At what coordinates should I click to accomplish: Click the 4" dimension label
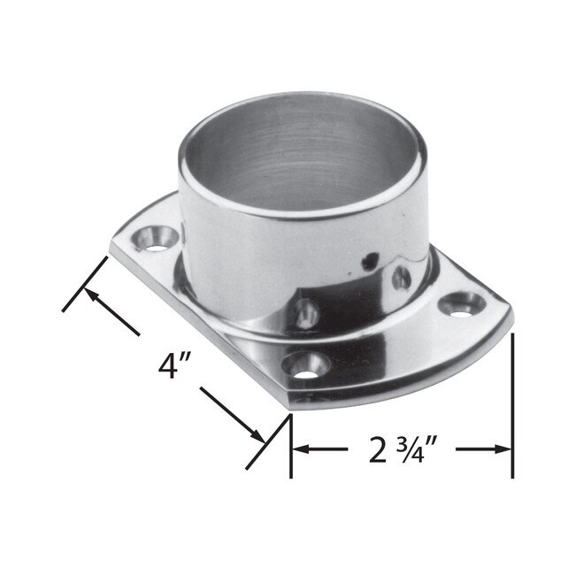coord(172,365)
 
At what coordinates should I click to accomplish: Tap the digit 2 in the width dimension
coord(379,450)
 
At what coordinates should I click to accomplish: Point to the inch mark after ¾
coord(443,440)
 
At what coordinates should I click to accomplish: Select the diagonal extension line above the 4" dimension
coord(87,283)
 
